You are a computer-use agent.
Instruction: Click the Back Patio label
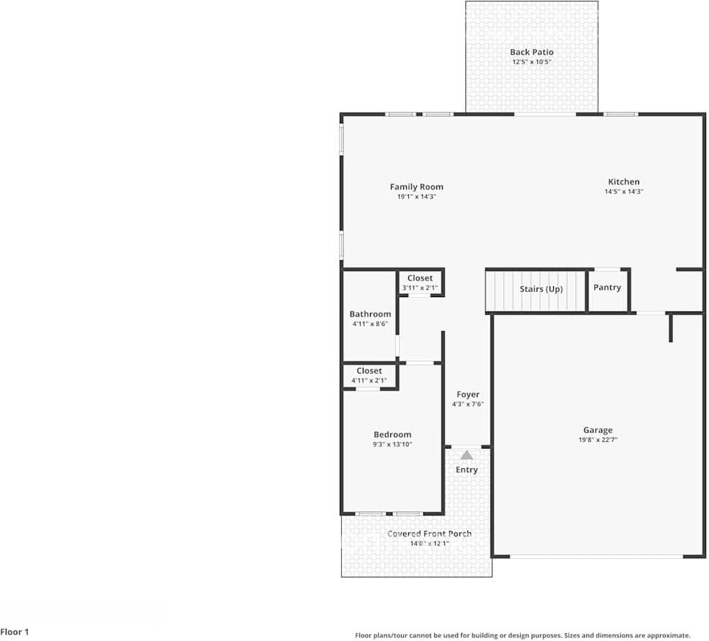click(x=532, y=52)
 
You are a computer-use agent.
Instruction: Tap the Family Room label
click(x=416, y=187)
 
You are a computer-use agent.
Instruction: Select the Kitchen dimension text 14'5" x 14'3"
click(x=623, y=192)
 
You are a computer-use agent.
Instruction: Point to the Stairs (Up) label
click(x=541, y=289)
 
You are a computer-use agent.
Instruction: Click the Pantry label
click(x=607, y=287)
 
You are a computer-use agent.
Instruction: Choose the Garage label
click(x=598, y=430)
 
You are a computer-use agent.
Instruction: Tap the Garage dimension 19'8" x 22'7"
click(x=598, y=440)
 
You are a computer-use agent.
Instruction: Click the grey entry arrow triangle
click(x=467, y=455)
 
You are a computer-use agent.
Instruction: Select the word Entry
click(x=467, y=470)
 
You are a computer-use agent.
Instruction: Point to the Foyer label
click(x=467, y=394)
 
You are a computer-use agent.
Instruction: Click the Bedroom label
click(x=392, y=434)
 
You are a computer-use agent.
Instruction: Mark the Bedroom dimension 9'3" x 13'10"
click(x=392, y=444)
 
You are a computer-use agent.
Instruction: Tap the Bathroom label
click(x=370, y=314)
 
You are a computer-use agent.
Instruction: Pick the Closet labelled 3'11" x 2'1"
click(x=420, y=278)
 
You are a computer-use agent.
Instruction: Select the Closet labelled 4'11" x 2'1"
click(x=369, y=371)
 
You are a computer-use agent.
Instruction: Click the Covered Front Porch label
click(x=429, y=534)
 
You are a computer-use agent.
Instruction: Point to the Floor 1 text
click(x=14, y=632)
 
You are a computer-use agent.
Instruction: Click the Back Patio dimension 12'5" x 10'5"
click(x=532, y=62)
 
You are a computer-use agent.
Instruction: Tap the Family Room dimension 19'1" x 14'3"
click(x=416, y=196)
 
